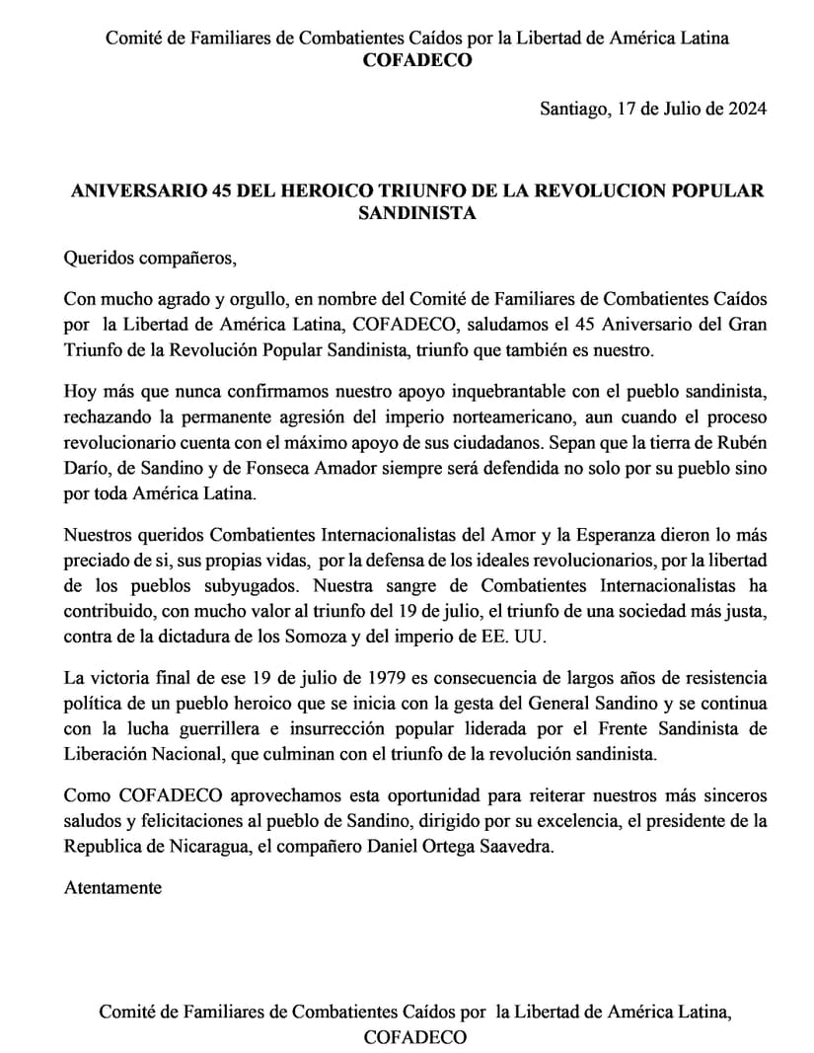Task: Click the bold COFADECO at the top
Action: click(x=417, y=61)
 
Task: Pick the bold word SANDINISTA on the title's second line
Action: click(x=417, y=213)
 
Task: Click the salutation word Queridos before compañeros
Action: click(x=98, y=260)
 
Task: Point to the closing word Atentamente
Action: click(x=112, y=887)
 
